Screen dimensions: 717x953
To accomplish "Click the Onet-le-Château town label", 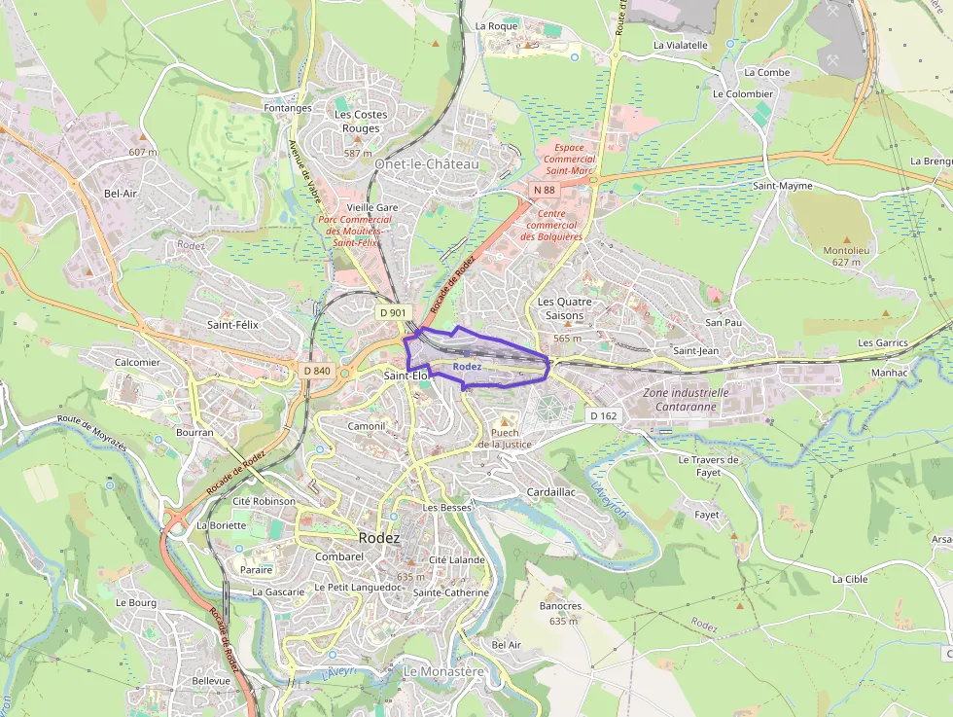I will (x=426, y=164).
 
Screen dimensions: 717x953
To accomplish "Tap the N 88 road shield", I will (x=544, y=190).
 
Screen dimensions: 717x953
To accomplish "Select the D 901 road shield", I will (x=392, y=312).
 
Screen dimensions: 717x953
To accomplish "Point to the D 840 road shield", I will (x=317, y=371).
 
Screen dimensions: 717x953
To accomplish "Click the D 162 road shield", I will (x=603, y=415).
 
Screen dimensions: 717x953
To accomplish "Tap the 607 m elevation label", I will (x=142, y=152).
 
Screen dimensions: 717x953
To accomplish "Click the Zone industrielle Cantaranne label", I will (x=686, y=400).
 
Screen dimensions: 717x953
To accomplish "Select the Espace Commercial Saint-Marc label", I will (x=569, y=160).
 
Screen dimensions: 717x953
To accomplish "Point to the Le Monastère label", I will (x=442, y=671).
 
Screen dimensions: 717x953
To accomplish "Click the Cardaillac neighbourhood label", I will (x=550, y=492).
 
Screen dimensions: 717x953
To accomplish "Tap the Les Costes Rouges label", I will (x=361, y=121).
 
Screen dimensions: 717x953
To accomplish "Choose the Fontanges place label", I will (x=288, y=108).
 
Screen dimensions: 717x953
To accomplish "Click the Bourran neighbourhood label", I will (x=194, y=432).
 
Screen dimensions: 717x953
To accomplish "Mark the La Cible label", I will (x=849, y=578).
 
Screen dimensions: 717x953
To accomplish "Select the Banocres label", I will (x=559, y=606).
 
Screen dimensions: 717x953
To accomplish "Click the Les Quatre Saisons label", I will (x=560, y=308).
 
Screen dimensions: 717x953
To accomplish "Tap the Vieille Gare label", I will (x=372, y=207).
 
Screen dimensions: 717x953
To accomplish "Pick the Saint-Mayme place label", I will (x=783, y=185).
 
